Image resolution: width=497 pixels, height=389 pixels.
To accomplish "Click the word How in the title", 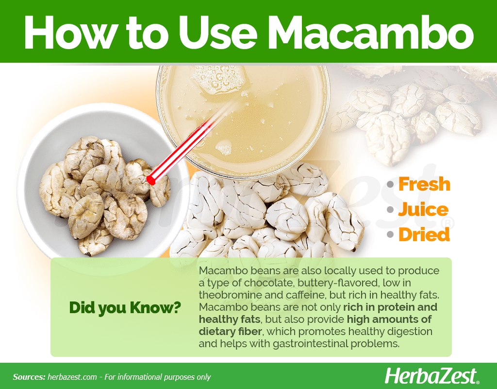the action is [69, 33].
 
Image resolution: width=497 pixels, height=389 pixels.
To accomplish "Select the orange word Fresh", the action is [424, 184].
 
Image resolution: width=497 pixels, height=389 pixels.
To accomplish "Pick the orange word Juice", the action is [423, 210].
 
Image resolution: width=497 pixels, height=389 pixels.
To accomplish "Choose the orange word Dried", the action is [424, 234].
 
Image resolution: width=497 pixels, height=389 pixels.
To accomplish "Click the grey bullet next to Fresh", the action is [390, 184].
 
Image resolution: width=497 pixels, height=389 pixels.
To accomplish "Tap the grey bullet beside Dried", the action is [390, 235].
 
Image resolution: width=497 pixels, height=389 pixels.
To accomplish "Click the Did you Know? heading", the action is [125, 307].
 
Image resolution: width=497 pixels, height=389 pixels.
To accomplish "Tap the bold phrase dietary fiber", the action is [230, 332].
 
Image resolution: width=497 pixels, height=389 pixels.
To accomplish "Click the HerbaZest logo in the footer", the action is [431, 376].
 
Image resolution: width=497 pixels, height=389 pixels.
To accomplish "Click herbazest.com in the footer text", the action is [72, 377].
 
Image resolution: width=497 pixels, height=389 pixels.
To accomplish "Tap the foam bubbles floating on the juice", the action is [219, 79].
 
